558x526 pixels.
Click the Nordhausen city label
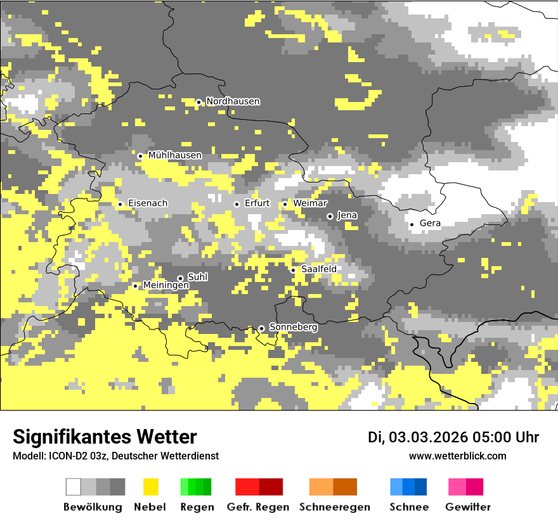pyautogui.click(x=233, y=101)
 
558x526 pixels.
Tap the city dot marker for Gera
pyautogui.click(x=412, y=224)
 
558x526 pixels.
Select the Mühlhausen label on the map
pyautogui.click(x=174, y=155)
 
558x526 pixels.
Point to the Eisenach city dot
pyautogui.click(x=120, y=204)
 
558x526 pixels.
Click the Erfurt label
pyautogui.click(x=257, y=203)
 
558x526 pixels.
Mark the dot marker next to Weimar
pyautogui.click(x=285, y=204)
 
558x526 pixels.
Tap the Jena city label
pyautogui.click(x=347, y=215)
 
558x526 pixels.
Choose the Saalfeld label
pyautogui.click(x=318, y=269)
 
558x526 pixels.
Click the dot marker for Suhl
pyautogui.click(x=180, y=278)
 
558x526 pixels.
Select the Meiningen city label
pyautogui.click(x=165, y=286)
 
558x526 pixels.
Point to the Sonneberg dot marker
pyautogui.click(x=261, y=328)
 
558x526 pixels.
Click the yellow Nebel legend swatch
pyautogui.click(x=150, y=487)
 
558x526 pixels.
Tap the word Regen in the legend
pyautogui.click(x=196, y=507)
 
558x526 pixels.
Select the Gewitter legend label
pyautogui.click(x=467, y=507)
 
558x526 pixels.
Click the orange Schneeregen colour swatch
pyautogui.click(x=321, y=487)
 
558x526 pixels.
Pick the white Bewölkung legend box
pyautogui.click(x=74, y=487)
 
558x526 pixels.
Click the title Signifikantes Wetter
pyautogui.click(x=105, y=437)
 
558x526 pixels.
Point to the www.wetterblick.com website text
pyautogui.click(x=457, y=456)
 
